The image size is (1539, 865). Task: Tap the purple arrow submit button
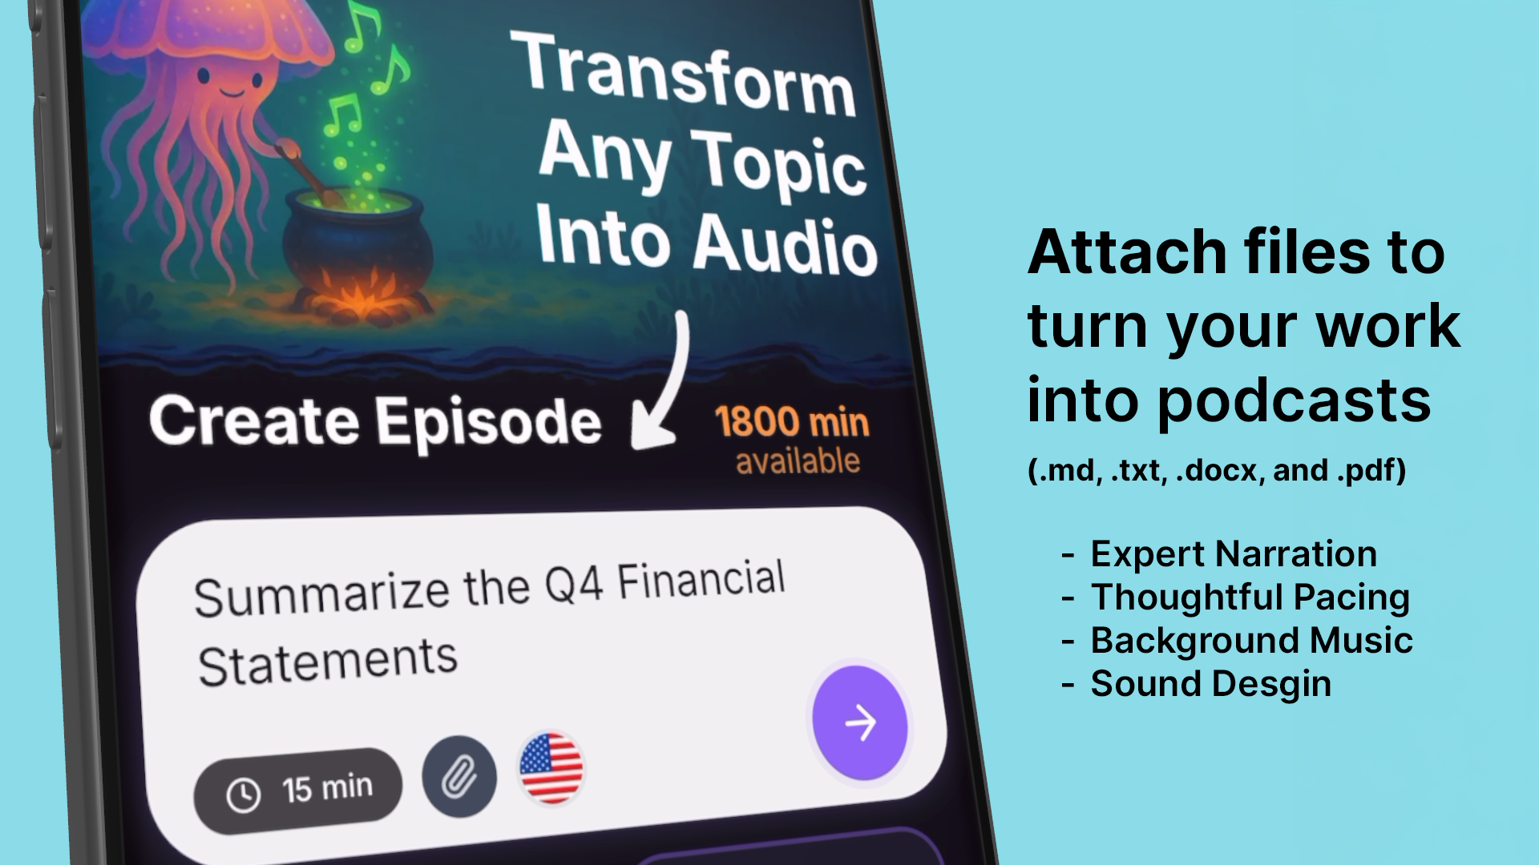tap(860, 722)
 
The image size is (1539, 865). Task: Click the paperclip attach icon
tap(459, 776)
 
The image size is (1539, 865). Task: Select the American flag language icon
tap(551, 768)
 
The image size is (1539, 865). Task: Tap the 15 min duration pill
tap(298, 791)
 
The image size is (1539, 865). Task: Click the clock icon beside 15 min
tap(244, 795)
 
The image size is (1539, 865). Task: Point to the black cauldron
tap(357, 239)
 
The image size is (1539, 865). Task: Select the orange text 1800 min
tap(792, 422)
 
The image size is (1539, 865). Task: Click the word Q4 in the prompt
tap(574, 585)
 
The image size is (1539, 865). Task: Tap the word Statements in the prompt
tap(327, 663)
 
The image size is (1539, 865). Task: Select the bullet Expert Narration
tap(1234, 555)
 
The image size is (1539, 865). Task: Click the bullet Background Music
tap(1251, 641)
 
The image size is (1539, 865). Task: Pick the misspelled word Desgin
tap(1271, 685)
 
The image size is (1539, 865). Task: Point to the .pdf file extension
tap(1371, 471)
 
